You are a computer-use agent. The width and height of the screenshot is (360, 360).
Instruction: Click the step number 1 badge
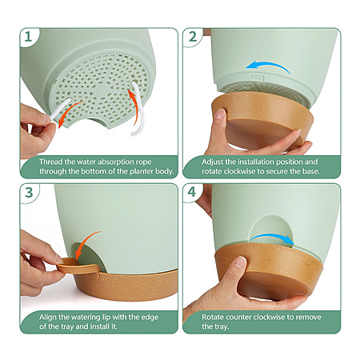pos(28,37)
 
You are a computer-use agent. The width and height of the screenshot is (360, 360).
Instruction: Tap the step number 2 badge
pos(193,37)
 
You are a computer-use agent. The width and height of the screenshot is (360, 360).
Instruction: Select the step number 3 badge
pos(29,193)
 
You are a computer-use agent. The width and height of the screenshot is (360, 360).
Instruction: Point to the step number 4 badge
pos(192,192)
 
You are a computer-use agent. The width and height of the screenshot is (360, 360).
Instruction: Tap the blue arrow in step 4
pos(272,236)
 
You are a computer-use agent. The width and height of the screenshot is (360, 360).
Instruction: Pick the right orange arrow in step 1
pos(134,106)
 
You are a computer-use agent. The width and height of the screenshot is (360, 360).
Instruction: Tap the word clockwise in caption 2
pos(241,171)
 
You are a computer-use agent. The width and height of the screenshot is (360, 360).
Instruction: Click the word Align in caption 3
pos(48,318)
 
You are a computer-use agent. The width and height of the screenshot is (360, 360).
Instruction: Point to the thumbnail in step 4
pos(241,262)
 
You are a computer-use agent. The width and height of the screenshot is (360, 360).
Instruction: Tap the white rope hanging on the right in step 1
pos(139,110)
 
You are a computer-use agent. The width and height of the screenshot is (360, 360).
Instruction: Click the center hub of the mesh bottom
pos(102,91)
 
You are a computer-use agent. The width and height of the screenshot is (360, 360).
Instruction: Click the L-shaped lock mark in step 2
pos(258,78)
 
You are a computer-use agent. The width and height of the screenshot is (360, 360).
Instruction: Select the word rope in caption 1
pos(144,162)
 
